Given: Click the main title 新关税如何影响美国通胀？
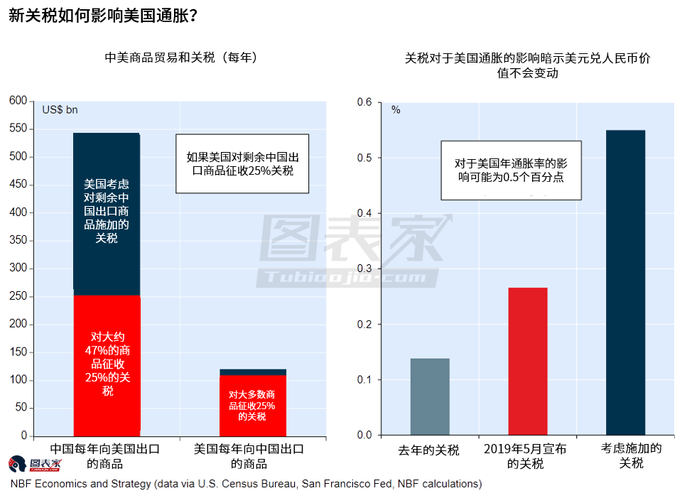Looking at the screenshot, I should tap(103, 15).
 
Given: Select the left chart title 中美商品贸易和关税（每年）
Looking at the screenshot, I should tap(180, 58).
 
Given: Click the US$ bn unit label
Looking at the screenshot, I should tap(60, 110).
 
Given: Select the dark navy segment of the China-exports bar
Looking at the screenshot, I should tap(107, 213).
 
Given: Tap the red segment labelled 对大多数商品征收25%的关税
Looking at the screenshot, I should tap(252, 405).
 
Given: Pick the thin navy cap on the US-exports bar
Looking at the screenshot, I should tap(252, 372).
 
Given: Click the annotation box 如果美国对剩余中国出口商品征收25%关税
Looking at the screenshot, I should tap(242, 164).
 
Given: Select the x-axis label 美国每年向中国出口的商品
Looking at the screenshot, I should tap(249, 456).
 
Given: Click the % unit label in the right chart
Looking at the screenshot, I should tap(396, 110).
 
